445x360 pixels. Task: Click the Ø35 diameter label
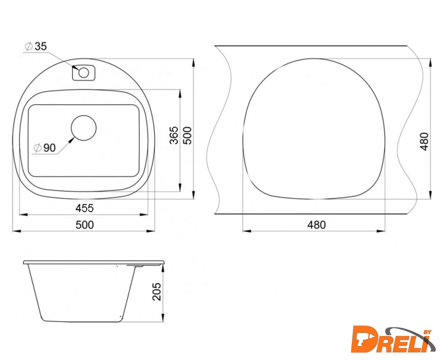click(x=35, y=46)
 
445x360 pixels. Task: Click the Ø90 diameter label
click(x=44, y=147)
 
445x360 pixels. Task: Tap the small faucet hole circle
click(x=84, y=73)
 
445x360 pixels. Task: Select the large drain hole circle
click(x=84, y=128)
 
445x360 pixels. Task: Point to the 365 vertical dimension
click(x=174, y=136)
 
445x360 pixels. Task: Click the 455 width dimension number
click(x=84, y=208)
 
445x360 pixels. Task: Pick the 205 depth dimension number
click(x=156, y=291)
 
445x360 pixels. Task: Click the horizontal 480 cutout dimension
click(x=316, y=224)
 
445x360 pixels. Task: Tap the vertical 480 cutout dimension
click(x=424, y=141)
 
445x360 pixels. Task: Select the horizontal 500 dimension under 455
click(x=84, y=224)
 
